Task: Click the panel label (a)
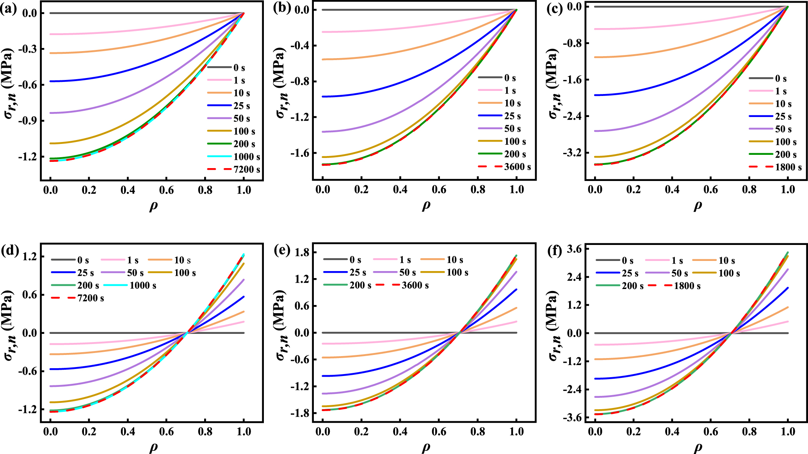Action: click(x=9, y=9)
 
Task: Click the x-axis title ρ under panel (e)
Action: click(x=425, y=447)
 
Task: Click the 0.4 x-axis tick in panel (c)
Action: click(x=672, y=190)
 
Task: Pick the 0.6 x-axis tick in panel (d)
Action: click(x=167, y=432)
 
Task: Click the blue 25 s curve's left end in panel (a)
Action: click(x=51, y=81)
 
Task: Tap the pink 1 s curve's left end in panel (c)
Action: click(x=595, y=29)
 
